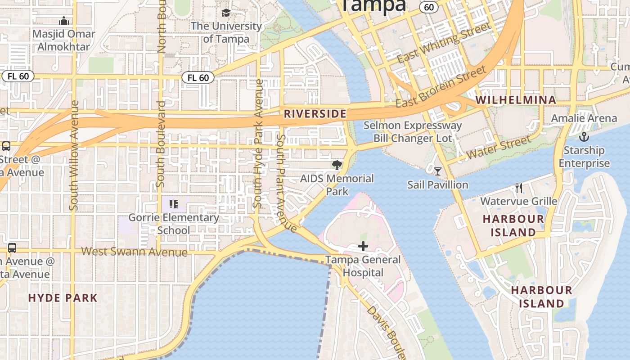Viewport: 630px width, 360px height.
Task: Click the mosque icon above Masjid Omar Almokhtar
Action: coord(64,21)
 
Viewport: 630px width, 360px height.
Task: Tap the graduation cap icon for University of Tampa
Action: coord(226,13)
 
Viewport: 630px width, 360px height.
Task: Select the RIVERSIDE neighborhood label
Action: coord(315,114)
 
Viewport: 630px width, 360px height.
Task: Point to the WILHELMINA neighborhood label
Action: coord(516,100)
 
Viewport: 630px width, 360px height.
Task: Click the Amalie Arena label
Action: coord(584,118)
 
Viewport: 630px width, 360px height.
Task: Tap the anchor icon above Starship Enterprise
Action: coord(584,136)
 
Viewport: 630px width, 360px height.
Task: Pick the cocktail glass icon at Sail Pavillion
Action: coord(437,171)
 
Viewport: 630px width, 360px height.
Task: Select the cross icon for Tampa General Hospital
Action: coord(363,246)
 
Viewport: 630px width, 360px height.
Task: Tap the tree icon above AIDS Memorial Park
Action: coord(337,165)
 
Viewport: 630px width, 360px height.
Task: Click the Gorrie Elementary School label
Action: coord(174,224)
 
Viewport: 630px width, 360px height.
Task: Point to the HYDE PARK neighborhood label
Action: coord(63,298)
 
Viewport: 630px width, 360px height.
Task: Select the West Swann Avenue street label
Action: coord(134,251)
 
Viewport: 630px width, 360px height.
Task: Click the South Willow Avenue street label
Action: coord(74,155)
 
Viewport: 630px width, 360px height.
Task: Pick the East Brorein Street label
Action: coord(441,86)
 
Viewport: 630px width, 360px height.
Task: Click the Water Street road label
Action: coord(499,148)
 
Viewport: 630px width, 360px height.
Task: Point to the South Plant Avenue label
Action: coord(286,184)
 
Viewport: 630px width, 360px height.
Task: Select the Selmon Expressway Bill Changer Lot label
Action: coord(413,131)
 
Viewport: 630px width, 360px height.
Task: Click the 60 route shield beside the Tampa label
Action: coord(429,7)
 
